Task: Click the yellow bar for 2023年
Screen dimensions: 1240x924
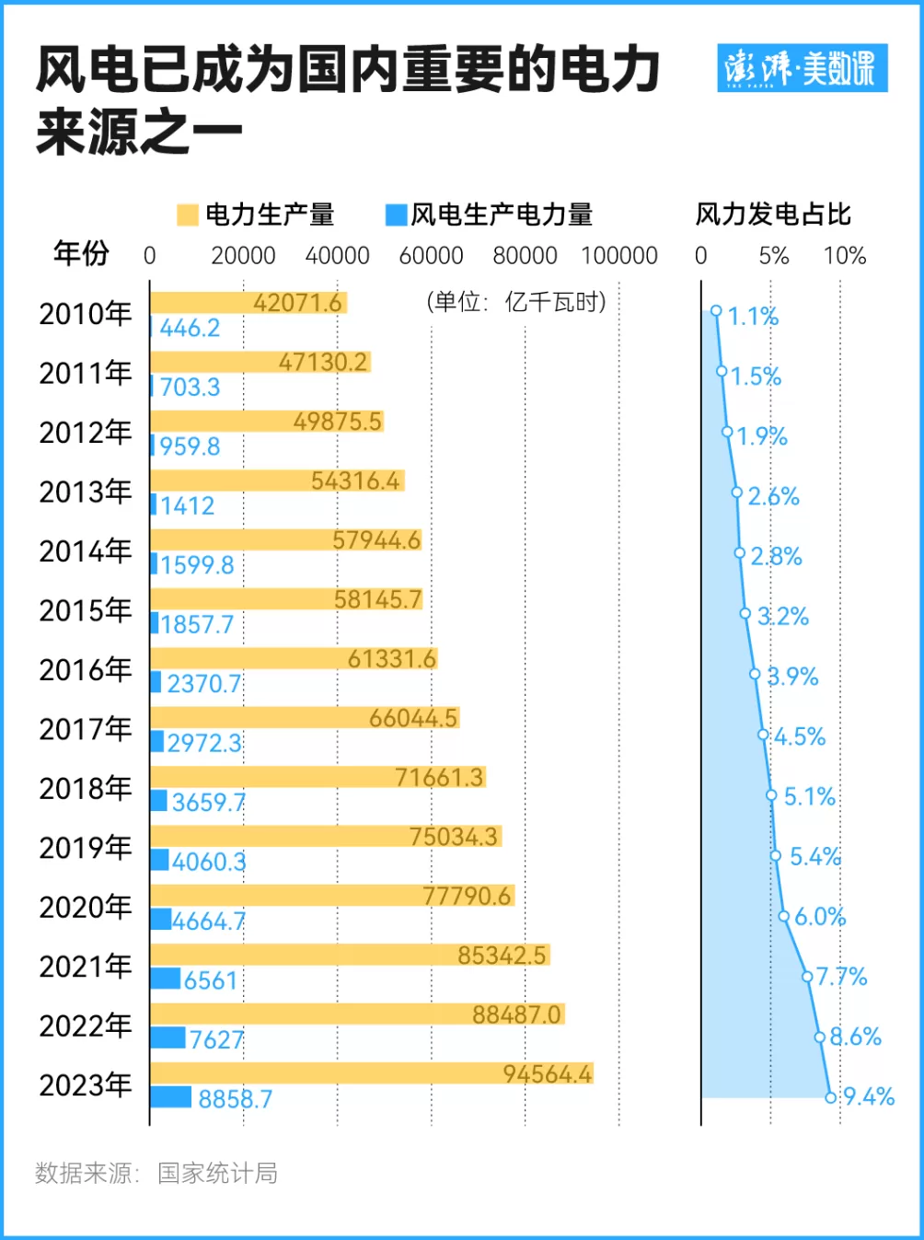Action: (x=371, y=1072)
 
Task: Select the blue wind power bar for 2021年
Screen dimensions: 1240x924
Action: (x=166, y=979)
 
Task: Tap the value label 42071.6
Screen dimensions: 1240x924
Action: (x=297, y=303)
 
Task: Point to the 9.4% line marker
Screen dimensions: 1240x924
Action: (x=830, y=1096)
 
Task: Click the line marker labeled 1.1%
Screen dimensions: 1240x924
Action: (x=716, y=311)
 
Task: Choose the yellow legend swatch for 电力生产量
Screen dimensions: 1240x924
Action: (x=188, y=214)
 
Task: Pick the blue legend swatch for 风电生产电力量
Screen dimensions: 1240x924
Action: (x=396, y=214)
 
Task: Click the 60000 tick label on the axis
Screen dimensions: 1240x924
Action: (x=431, y=256)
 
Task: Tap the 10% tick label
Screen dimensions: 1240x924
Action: (x=844, y=256)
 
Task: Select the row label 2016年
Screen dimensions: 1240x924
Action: (x=86, y=670)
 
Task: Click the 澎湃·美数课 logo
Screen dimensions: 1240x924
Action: (x=802, y=68)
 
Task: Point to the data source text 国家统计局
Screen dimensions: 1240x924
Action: (x=217, y=1173)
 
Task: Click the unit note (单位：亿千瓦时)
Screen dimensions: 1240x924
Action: (x=516, y=302)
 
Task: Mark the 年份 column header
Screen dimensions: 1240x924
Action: (x=81, y=252)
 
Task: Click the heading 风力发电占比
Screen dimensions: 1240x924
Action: (x=773, y=214)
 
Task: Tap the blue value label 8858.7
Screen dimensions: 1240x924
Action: (x=236, y=1099)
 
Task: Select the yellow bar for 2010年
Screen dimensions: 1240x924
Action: (x=248, y=303)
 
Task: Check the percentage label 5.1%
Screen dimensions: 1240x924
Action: (x=809, y=796)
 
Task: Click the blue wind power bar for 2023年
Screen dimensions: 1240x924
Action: (x=170, y=1097)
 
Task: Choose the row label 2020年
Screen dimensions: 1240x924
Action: (x=86, y=907)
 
